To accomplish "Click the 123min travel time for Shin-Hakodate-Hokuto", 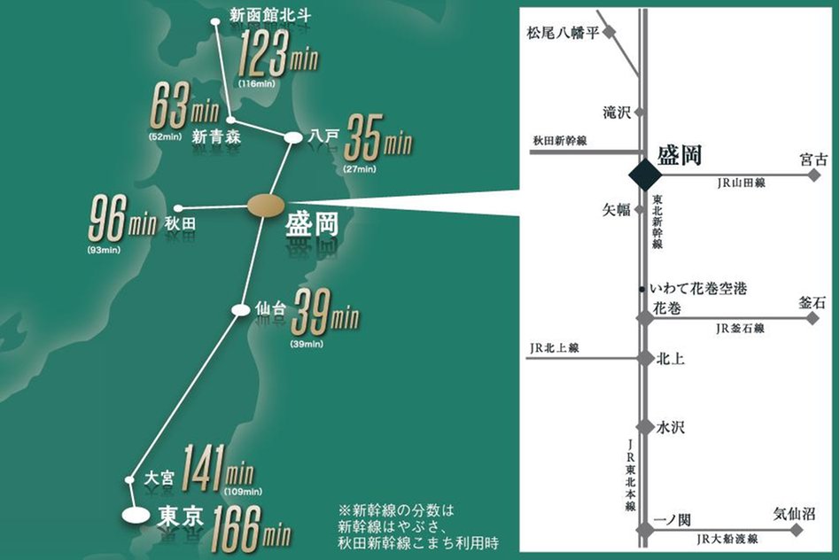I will pyautogui.click(x=277, y=56).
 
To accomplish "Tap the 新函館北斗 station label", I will pyautogui.click(x=269, y=15).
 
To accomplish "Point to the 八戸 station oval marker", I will pyautogui.click(x=292, y=137).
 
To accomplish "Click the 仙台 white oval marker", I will pyautogui.click(x=240, y=309).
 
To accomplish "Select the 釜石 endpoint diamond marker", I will pyautogui.click(x=813, y=318).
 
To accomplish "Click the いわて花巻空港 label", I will pyautogui.click(x=698, y=289).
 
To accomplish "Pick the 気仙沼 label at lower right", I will pyautogui.click(x=793, y=514).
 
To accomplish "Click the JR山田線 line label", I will pyautogui.click(x=741, y=183).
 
